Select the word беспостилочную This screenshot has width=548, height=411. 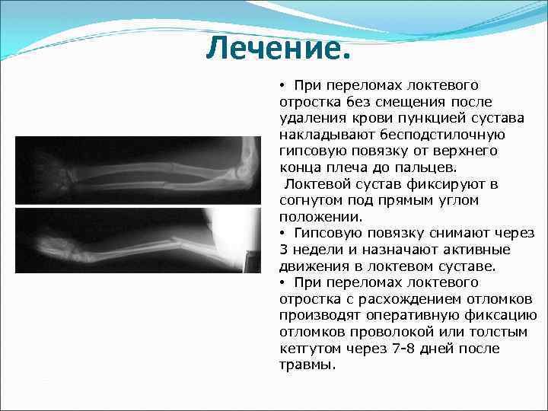[x=442, y=134]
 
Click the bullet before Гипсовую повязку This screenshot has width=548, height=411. [x=282, y=233]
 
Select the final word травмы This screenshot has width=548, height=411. [x=307, y=365]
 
